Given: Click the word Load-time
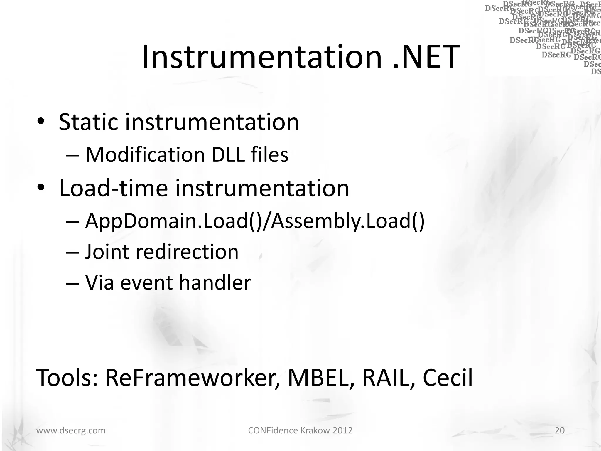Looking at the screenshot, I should [113, 188].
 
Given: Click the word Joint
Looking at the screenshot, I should [107, 252].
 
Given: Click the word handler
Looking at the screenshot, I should [215, 282].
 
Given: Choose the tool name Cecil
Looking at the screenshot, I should [448, 378].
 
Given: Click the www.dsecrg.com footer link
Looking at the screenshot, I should [71, 430].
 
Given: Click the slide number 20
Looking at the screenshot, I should [560, 430].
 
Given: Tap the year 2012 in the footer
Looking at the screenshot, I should [342, 430].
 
